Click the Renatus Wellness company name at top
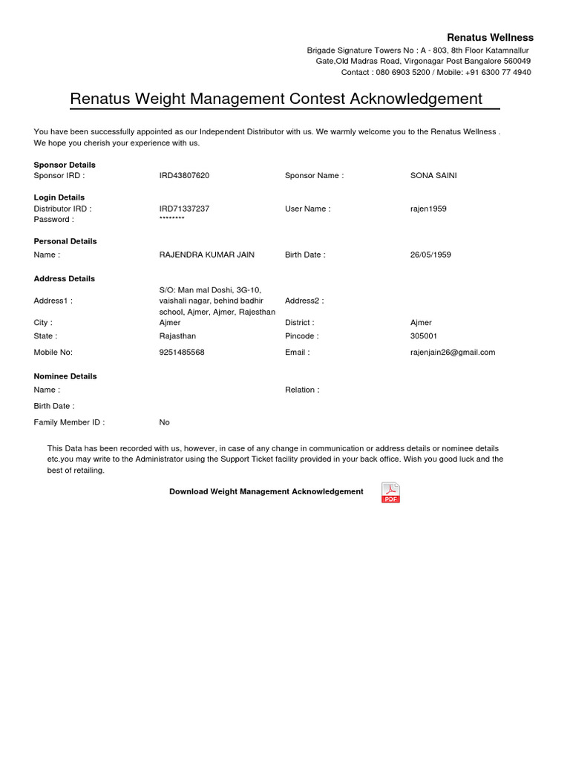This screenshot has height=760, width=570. [x=489, y=38]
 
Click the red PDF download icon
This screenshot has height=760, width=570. [x=390, y=493]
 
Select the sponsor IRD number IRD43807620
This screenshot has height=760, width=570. [x=184, y=176]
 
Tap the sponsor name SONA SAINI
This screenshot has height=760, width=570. [x=433, y=176]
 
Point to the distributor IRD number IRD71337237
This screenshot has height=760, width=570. [x=184, y=209]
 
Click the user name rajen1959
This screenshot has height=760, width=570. [x=428, y=209]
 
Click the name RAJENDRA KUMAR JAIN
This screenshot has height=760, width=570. [x=206, y=255]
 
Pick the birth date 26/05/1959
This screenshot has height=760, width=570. [x=430, y=255]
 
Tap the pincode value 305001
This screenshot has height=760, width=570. [x=424, y=336]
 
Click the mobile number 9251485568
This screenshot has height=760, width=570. [x=182, y=353]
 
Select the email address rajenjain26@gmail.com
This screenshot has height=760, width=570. [x=453, y=353]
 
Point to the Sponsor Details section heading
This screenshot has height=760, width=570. [x=65, y=165]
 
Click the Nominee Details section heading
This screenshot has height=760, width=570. [x=65, y=376]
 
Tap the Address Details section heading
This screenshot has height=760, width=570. [x=65, y=279]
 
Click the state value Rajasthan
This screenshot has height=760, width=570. [x=177, y=336]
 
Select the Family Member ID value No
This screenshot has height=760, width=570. [x=164, y=422]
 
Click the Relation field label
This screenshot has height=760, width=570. [x=302, y=390]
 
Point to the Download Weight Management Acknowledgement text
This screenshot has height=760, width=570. [x=266, y=492]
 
